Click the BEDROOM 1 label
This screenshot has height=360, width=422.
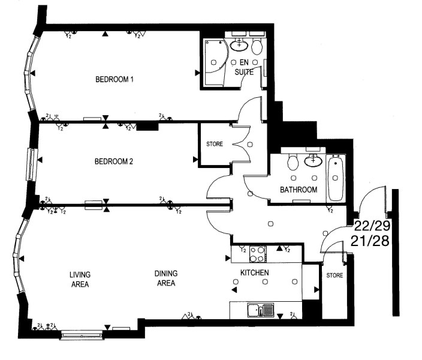[x=114, y=79]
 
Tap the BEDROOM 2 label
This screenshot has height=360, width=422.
[x=114, y=161]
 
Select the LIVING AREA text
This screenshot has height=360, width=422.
[x=80, y=280]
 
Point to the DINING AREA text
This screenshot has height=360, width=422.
[x=166, y=278]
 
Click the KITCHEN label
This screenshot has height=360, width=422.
[x=255, y=272]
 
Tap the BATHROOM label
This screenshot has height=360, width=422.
[x=299, y=190]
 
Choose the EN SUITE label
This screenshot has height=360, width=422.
[x=244, y=67]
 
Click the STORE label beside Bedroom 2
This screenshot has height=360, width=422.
[x=215, y=144]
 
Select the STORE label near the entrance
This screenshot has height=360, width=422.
[x=334, y=275]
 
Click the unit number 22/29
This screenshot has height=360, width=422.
[x=372, y=226]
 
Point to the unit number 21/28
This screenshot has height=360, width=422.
[x=370, y=241]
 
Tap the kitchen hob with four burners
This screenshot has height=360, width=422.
[x=258, y=254]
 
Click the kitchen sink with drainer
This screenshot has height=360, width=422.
[x=261, y=310]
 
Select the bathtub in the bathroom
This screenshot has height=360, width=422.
[x=336, y=178]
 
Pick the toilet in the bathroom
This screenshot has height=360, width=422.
[x=293, y=162]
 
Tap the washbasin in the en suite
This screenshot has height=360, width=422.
[x=239, y=45]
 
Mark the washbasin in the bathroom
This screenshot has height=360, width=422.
[x=313, y=160]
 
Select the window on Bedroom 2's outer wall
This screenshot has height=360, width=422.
[x=32, y=164]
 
